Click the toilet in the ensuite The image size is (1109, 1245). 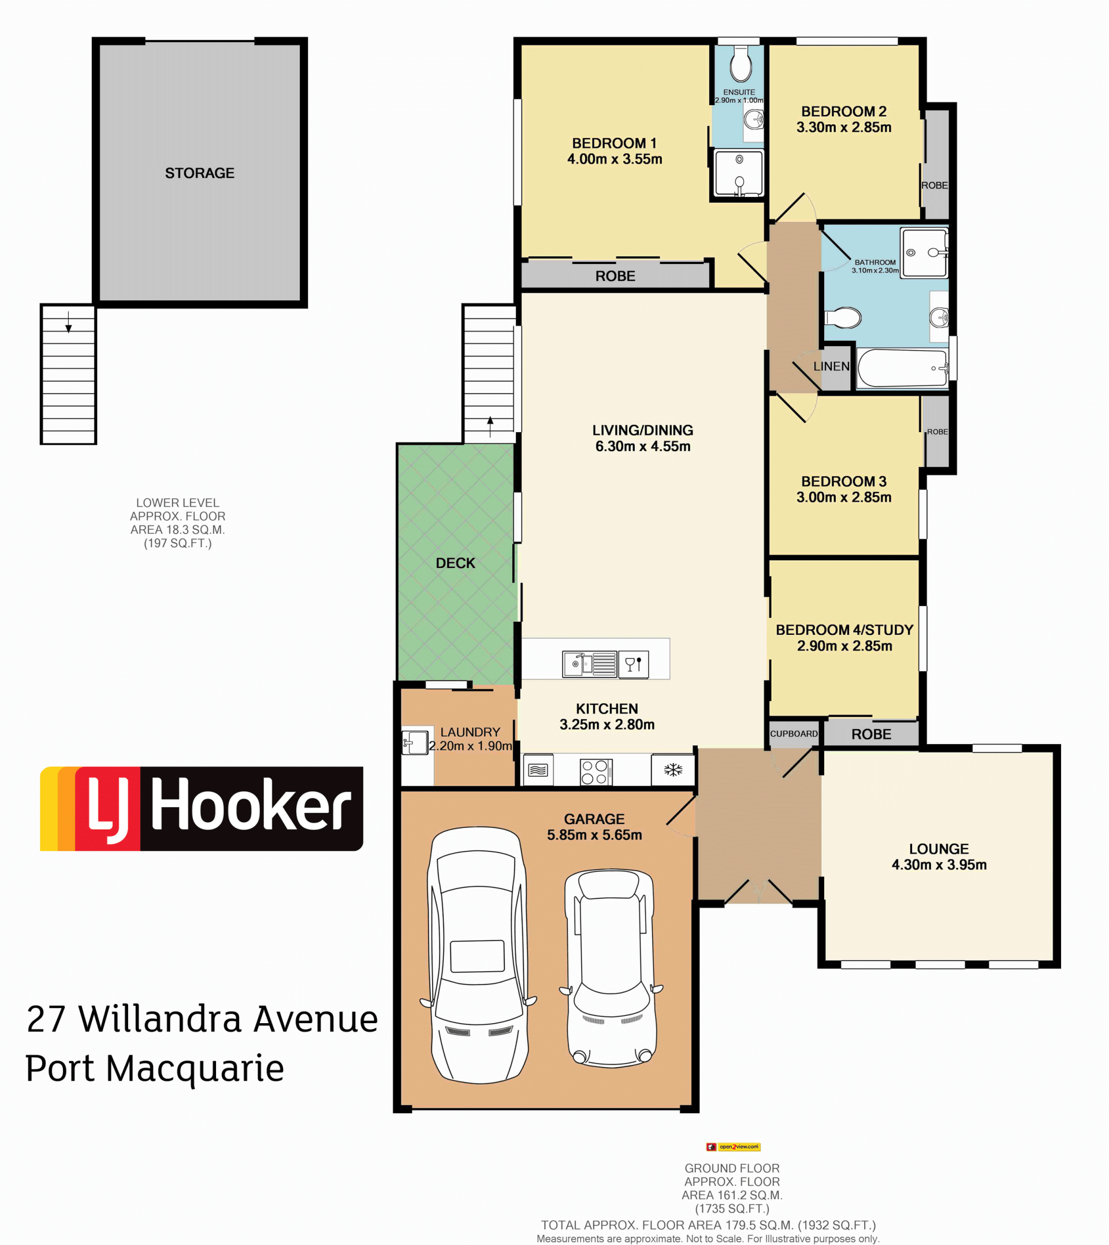click(740, 64)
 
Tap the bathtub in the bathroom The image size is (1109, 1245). click(902, 368)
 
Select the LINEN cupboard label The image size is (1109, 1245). click(831, 366)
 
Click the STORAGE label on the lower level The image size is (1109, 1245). click(200, 173)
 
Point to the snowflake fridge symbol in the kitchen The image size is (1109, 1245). click(673, 770)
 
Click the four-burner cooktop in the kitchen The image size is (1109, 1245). click(596, 772)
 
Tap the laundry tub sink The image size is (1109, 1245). click(415, 742)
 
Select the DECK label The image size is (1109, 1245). click(455, 563)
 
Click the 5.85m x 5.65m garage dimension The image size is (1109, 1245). click(594, 835)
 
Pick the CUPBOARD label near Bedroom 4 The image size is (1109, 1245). click(794, 734)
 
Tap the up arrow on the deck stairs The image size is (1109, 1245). click(490, 426)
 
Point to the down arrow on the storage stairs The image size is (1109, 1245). click(69, 322)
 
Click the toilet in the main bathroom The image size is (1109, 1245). click(842, 318)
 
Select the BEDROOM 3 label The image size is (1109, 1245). click(843, 481)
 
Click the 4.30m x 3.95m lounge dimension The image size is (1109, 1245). click(939, 865)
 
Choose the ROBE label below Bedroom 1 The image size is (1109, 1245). click(615, 276)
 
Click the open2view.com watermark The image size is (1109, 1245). click(733, 1147)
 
